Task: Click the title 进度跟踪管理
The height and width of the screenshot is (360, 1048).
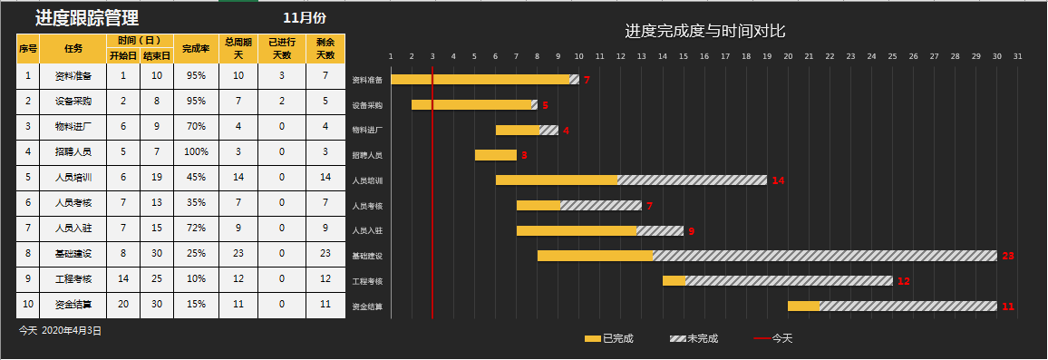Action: (x=87, y=17)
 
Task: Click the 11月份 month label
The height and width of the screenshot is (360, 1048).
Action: (x=305, y=17)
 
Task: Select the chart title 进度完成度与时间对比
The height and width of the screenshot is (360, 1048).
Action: (x=704, y=31)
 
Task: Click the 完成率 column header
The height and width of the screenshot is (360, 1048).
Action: (x=196, y=48)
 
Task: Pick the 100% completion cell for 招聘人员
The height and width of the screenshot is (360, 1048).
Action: (x=196, y=152)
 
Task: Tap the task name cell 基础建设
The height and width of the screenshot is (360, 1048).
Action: (x=73, y=254)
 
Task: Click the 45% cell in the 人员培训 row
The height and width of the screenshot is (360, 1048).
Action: (x=196, y=178)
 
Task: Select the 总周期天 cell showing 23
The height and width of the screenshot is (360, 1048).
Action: (x=238, y=254)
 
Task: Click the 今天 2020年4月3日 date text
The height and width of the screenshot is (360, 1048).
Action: (x=61, y=331)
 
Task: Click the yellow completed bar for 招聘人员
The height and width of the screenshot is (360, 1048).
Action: (x=495, y=155)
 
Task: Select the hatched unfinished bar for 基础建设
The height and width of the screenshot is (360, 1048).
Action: (x=823, y=256)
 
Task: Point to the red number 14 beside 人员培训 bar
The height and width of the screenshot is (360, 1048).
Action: (x=778, y=180)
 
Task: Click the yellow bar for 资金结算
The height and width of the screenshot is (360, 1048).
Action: (x=803, y=306)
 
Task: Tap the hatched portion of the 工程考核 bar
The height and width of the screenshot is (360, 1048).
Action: (x=788, y=281)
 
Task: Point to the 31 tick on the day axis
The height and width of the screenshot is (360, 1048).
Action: (x=1017, y=56)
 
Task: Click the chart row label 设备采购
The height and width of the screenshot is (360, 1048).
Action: (x=367, y=105)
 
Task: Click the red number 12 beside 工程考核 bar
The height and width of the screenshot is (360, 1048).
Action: (x=903, y=281)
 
